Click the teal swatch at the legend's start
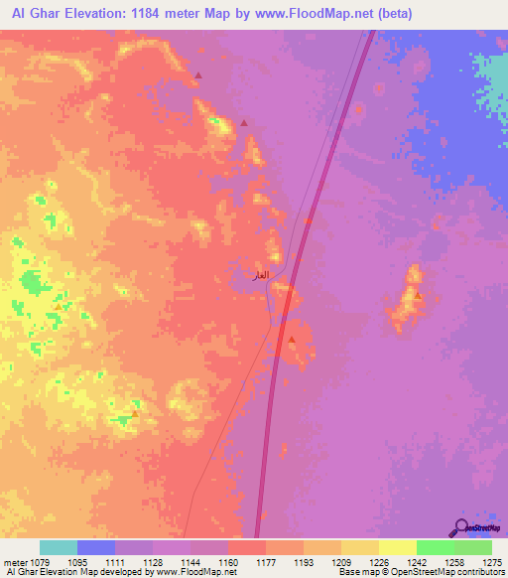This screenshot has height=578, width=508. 59,547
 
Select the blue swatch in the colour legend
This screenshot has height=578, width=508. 96,547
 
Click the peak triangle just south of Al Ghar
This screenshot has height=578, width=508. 292,340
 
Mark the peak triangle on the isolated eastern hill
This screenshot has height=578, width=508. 418,295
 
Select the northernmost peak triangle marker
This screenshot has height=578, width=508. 198,75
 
